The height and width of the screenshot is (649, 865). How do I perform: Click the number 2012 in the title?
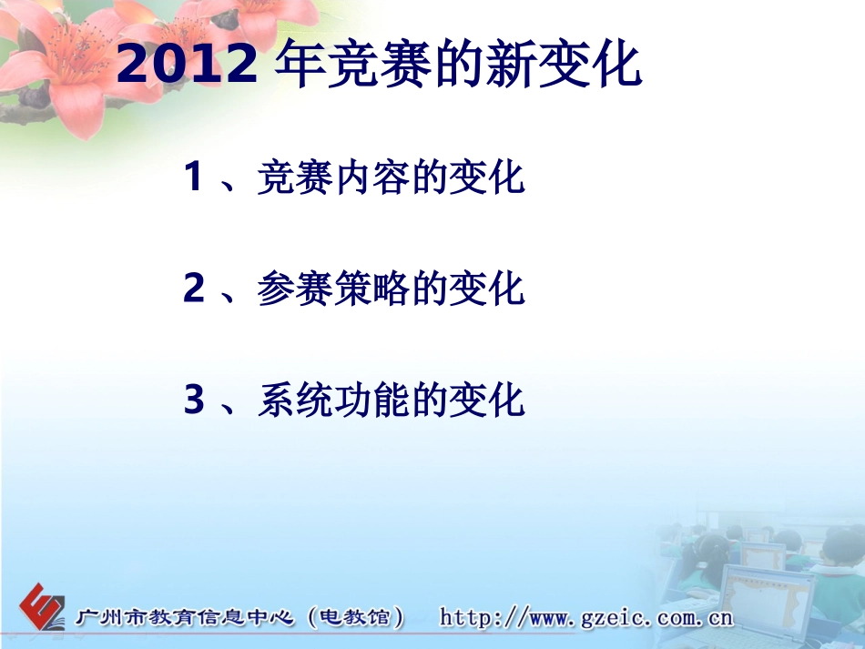188,64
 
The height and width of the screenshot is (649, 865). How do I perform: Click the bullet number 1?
193,177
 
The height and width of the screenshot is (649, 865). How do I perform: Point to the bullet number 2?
193,289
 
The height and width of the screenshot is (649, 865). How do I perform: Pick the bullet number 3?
193,401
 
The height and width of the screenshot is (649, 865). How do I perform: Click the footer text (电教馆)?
356,618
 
